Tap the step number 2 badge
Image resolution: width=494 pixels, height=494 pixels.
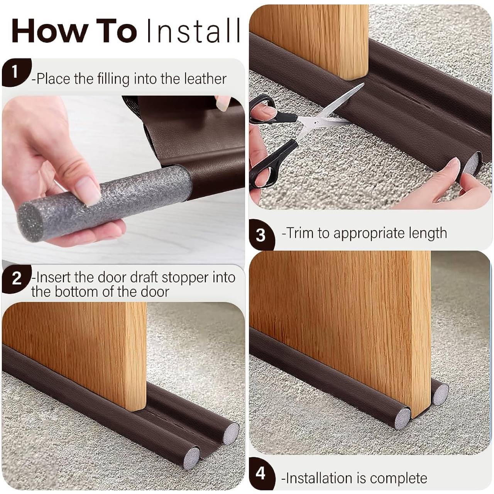(16, 278)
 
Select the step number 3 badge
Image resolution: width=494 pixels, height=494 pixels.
(261, 235)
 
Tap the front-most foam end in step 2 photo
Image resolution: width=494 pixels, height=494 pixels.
(191, 458)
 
